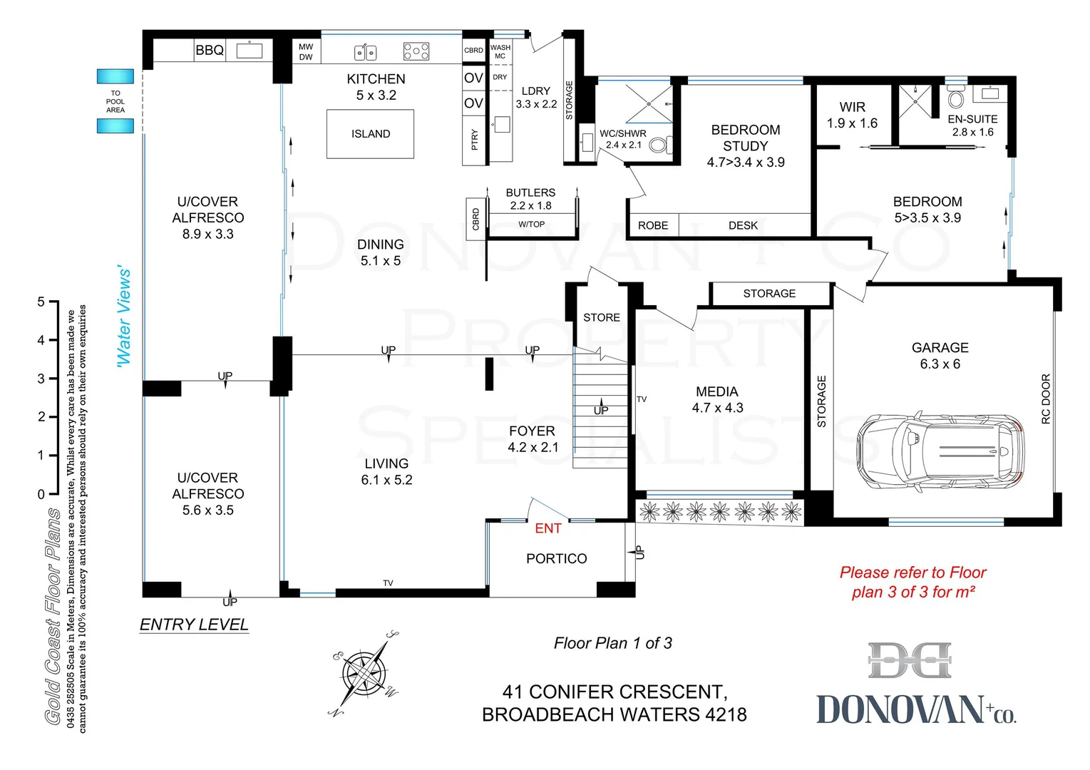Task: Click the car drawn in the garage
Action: [x=940, y=451]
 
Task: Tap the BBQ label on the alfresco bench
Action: [x=210, y=50]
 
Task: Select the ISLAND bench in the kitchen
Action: [x=370, y=134]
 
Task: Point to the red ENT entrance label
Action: [x=547, y=528]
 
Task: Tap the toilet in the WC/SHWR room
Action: [x=659, y=145]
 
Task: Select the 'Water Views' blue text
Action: [x=124, y=317]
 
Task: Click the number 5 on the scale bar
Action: [x=41, y=302]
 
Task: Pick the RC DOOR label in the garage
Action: [x=1046, y=399]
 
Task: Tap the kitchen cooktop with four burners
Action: [x=416, y=51]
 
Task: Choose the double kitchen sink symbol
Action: [x=366, y=52]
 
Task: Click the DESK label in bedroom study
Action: [x=743, y=225]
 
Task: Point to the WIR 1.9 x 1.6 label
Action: [x=852, y=115]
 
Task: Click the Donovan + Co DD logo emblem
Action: [x=910, y=661]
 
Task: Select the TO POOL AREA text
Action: [x=115, y=101]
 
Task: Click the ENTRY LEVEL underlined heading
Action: [x=194, y=625]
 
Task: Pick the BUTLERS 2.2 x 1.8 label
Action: [x=530, y=199]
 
